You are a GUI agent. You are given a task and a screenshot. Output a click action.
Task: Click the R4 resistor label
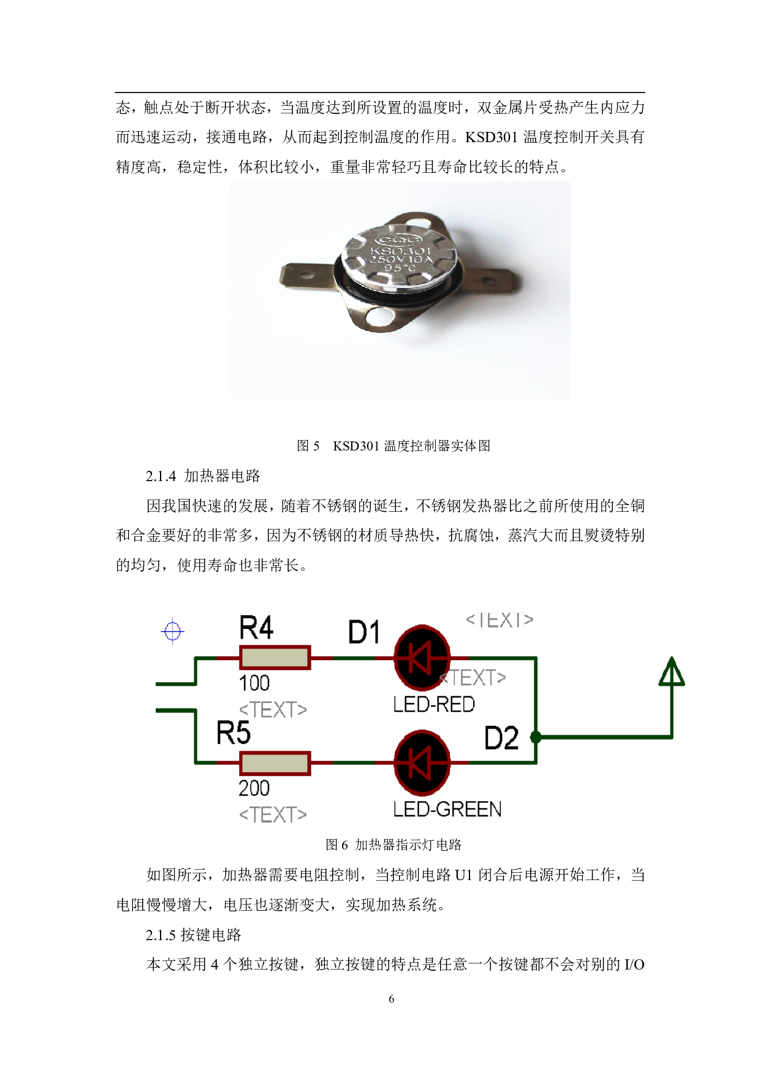point(256,628)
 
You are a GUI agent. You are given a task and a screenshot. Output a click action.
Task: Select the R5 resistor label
point(234,733)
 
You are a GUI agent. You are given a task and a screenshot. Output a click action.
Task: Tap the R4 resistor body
point(275,658)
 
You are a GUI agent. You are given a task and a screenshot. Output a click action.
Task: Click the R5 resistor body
point(275,763)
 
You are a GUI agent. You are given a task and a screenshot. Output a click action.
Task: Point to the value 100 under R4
point(254,683)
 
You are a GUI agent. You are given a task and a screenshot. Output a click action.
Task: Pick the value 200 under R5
point(254,788)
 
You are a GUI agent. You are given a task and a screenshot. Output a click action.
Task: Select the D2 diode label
point(501,738)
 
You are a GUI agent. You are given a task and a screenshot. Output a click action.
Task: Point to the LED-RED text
point(434,705)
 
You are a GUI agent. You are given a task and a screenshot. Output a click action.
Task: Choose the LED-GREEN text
point(447,810)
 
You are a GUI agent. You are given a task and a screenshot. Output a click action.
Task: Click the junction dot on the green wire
point(536,737)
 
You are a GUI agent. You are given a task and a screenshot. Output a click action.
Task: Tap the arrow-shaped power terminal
point(672,673)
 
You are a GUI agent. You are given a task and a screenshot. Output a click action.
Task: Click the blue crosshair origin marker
point(173,631)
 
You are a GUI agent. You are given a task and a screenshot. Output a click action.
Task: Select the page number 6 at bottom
point(392,999)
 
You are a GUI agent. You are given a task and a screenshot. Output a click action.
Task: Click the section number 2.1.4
point(161,476)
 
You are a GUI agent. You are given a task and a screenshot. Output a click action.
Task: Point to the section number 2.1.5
point(161,935)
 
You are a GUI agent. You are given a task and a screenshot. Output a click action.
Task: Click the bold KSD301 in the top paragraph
point(491,137)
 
